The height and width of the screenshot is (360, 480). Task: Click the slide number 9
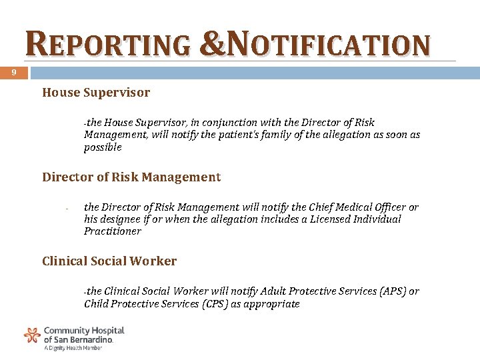(x=13, y=73)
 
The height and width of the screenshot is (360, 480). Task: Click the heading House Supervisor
(x=96, y=93)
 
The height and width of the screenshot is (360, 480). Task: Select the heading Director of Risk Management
(x=131, y=177)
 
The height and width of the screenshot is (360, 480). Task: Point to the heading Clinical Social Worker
(x=109, y=261)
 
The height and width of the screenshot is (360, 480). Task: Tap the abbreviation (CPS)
(x=209, y=304)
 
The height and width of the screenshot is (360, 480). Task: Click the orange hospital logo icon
(x=32, y=335)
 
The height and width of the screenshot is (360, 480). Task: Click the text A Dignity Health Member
(x=73, y=348)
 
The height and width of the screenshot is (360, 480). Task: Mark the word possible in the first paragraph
(x=103, y=147)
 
